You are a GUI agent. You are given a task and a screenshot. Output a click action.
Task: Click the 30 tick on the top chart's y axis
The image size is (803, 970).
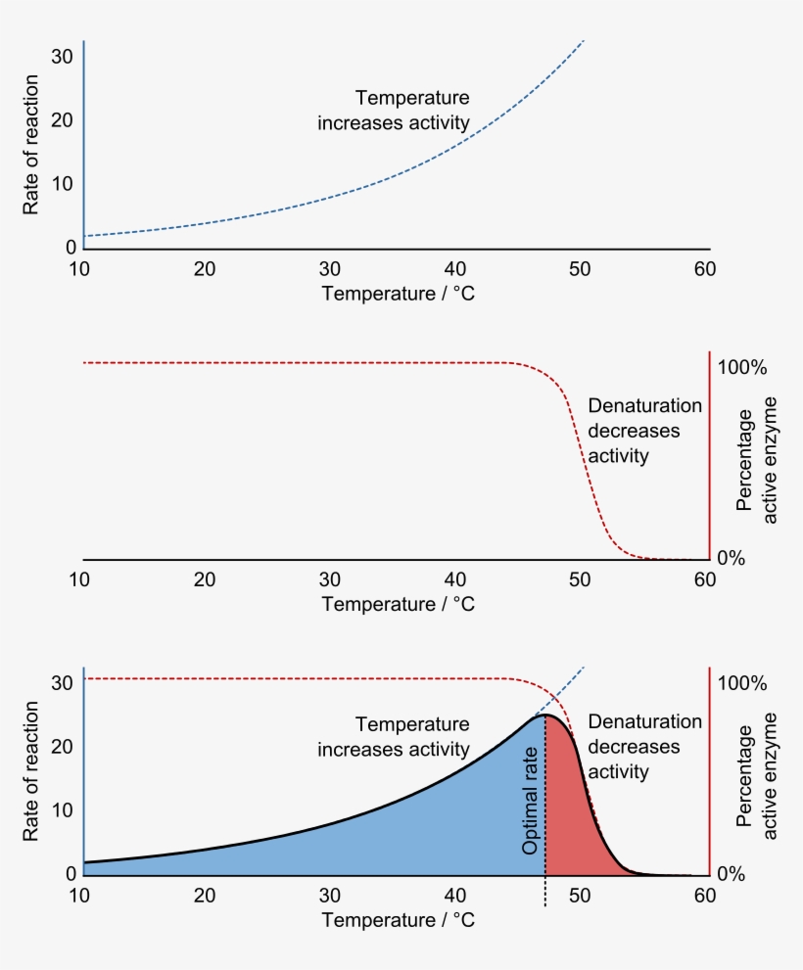(63, 57)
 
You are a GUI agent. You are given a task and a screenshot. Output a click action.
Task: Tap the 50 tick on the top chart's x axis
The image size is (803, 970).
(579, 269)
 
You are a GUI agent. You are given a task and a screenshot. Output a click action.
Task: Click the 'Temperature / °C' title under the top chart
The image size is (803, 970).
(398, 294)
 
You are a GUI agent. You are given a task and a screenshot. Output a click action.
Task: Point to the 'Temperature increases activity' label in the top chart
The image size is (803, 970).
(394, 111)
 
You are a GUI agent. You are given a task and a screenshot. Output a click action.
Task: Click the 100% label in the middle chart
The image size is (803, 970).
(743, 368)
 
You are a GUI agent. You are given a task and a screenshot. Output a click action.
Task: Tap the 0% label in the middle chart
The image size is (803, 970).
(732, 558)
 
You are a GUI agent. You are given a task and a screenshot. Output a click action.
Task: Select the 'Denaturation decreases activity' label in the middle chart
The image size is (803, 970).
(644, 431)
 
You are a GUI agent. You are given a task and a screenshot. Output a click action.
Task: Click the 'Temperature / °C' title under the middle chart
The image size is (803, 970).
(398, 604)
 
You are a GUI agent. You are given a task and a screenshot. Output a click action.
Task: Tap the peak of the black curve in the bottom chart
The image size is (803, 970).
(545, 716)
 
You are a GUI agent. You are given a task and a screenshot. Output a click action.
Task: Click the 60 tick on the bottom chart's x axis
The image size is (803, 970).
(704, 896)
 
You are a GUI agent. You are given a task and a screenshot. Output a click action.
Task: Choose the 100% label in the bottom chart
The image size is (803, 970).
(743, 683)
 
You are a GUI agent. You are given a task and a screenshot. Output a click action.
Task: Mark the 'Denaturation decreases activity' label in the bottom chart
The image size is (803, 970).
(644, 747)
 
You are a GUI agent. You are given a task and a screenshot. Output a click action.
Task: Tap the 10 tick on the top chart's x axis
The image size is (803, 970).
(79, 269)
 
